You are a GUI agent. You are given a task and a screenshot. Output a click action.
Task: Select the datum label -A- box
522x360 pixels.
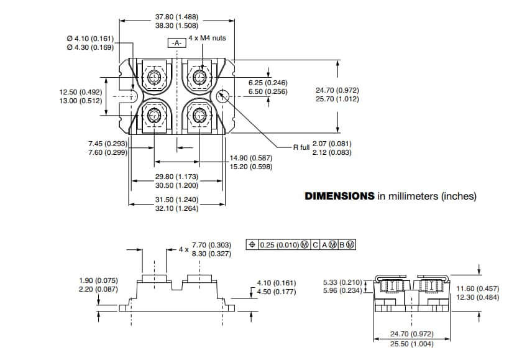click(176, 43)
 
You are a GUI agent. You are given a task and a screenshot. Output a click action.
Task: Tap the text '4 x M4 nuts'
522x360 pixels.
click(207, 38)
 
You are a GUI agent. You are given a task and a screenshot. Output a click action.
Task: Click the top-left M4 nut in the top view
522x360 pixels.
click(154, 76)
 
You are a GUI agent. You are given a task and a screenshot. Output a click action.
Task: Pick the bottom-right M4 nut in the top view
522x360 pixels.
click(199, 115)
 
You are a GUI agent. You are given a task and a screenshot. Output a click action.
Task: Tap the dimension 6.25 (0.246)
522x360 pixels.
click(268, 83)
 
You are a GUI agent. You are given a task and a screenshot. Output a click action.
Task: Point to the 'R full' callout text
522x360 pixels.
click(301, 148)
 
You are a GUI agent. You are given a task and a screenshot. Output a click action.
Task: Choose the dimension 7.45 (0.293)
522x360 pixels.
click(108, 144)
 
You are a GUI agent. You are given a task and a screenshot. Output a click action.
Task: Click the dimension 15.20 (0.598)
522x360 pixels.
click(251, 167)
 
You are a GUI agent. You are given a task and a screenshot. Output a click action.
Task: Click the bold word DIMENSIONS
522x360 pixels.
click(339, 196)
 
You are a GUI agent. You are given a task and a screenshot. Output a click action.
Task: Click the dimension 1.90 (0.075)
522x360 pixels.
click(99, 280)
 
